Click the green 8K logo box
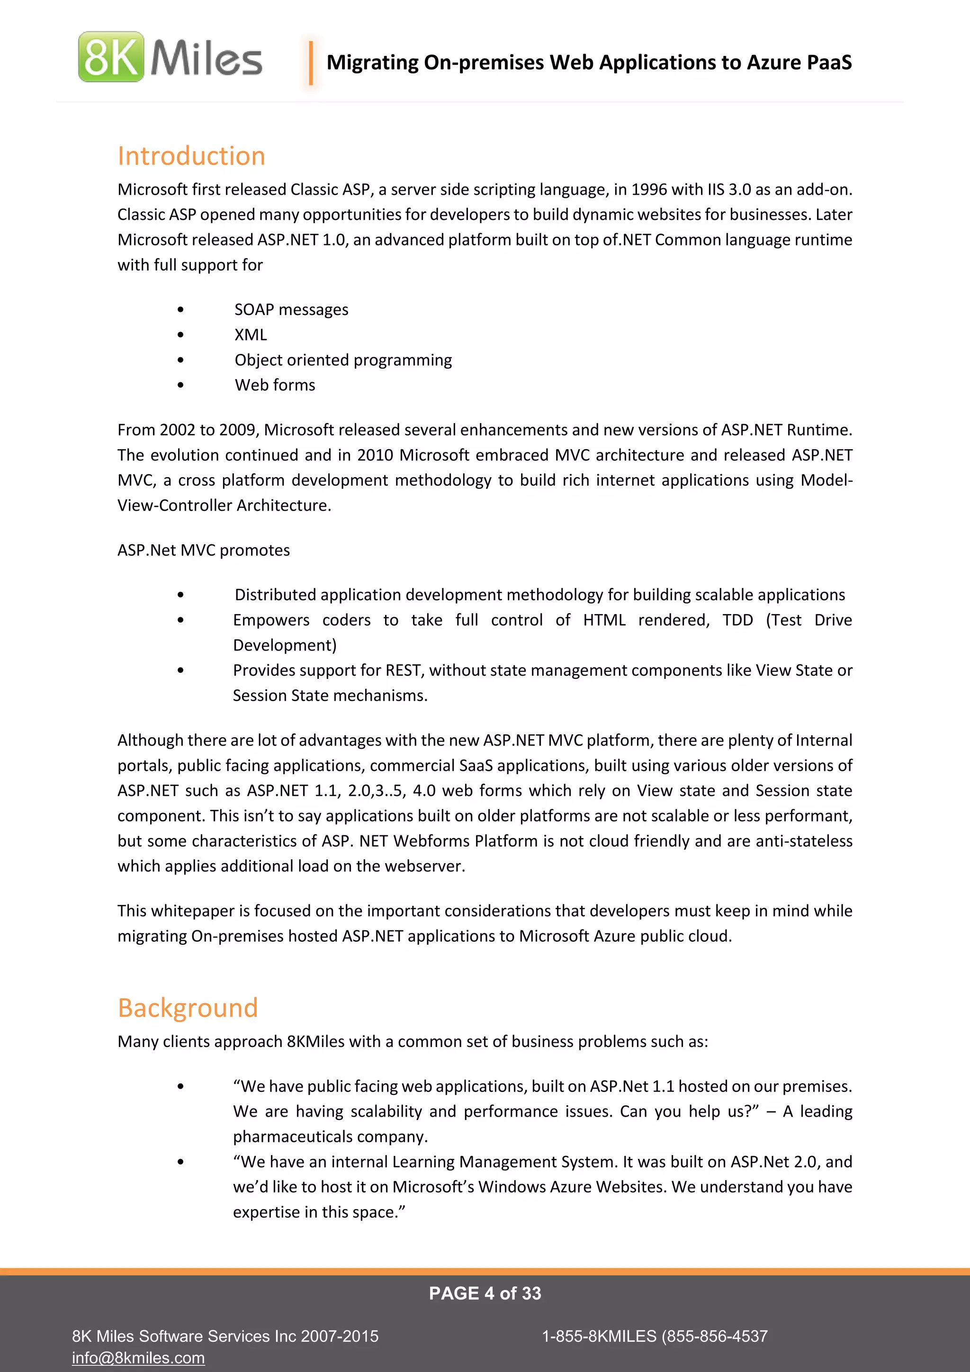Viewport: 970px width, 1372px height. click(x=111, y=57)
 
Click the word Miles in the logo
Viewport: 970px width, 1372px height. click(x=206, y=58)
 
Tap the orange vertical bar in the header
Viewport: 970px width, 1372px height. click(x=311, y=63)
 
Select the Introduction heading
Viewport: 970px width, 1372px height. click(x=191, y=156)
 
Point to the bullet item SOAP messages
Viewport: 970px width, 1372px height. click(x=291, y=309)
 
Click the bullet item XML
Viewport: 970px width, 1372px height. click(x=250, y=334)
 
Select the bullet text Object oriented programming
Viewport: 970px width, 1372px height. click(x=343, y=360)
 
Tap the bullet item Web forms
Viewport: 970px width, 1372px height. click(x=275, y=385)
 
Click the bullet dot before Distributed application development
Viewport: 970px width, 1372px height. click(x=180, y=595)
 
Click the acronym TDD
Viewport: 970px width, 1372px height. click(x=737, y=620)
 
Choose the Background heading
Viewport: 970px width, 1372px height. click(x=188, y=1008)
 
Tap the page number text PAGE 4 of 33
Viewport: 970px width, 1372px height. click(x=485, y=1293)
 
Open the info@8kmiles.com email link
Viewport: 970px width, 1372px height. click(x=138, y=1358)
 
